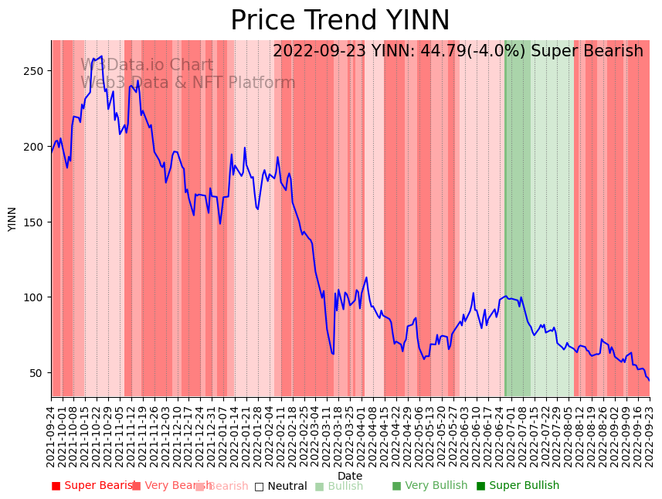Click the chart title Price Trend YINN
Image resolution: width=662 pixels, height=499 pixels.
pyautogui.click(x=340, y=21)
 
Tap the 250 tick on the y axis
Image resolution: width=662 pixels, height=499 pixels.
pyautogui.click(x=36, y=71)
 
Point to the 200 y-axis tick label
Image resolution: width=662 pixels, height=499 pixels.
pyautogui.click(x=36, y=147)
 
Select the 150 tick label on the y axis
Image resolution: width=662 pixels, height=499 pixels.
pyautogui.click(x=36, y=222)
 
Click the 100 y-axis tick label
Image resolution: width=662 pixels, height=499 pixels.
pyautogui.click(x=36, y=297)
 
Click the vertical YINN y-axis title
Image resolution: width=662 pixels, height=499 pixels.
pyautogui.click(x=12, y=219)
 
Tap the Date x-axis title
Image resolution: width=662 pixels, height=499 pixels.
pyautogui.click(x=350, y=476)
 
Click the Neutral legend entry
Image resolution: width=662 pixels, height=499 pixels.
pyautogui.click(x=281, y=486)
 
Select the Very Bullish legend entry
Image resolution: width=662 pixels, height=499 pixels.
pyautogui.click(x=429, y=486)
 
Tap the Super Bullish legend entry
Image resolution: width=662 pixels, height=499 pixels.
pyautogui.click(x=518, y=486)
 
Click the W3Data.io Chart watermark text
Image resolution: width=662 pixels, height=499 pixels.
pyautogui.click(x=147, y=66)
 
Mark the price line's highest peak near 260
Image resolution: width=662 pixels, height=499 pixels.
pyautogui.click(x=101, y=56)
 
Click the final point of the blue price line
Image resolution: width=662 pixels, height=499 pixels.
pyautogui.click(x=649, y=380)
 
